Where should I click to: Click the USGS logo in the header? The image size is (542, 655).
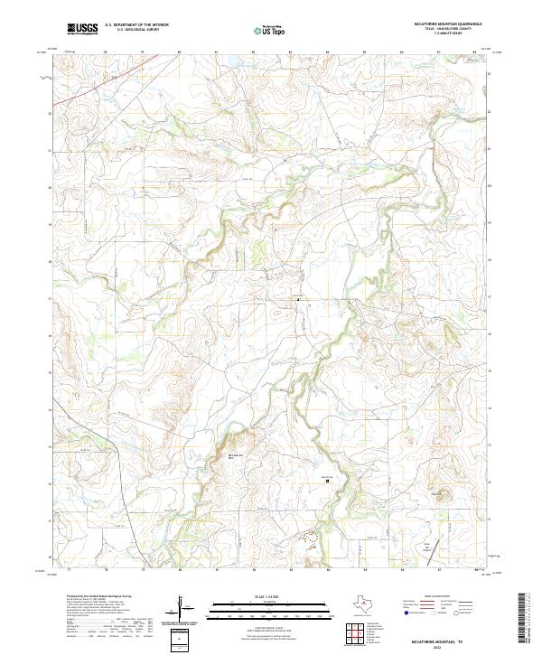coord(82,29)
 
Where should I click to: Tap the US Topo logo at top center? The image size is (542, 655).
coord(273,30)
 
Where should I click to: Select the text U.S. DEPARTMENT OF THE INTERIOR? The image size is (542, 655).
coord(136,25)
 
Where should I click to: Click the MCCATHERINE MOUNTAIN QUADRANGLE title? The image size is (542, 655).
coord(449,24)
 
